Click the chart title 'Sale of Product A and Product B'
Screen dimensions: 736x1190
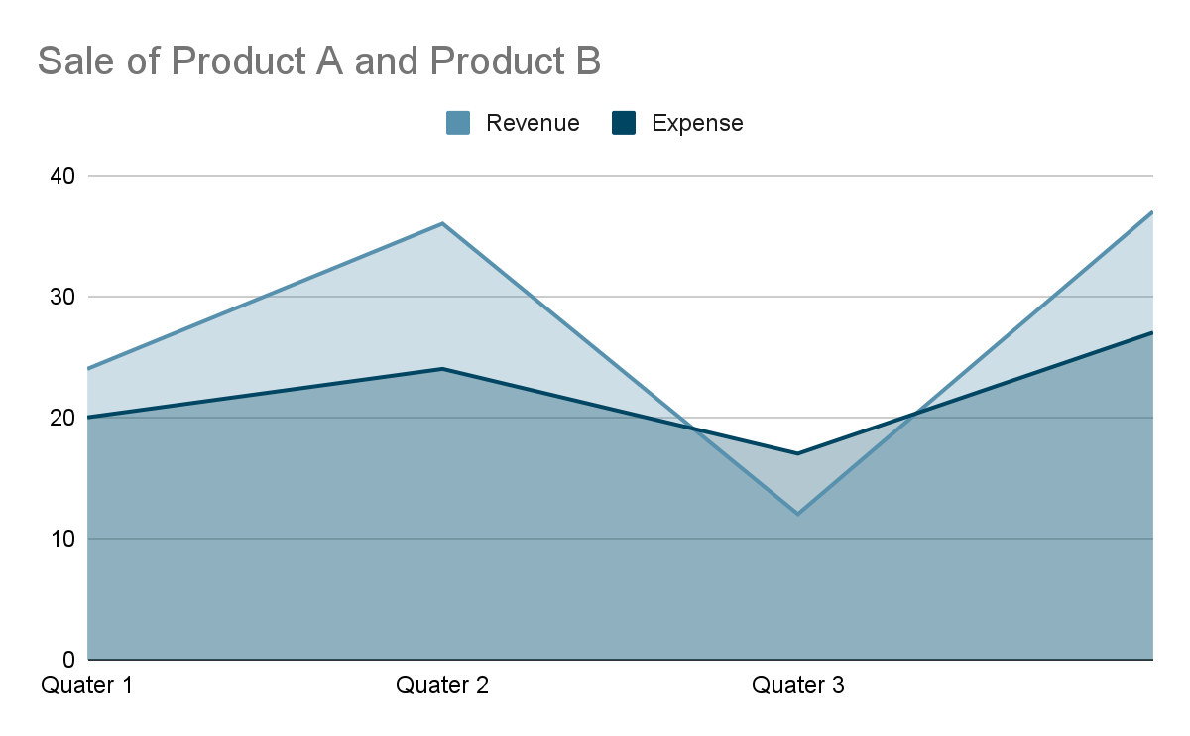pos(319,61)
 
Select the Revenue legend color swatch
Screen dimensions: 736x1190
pos(458,123)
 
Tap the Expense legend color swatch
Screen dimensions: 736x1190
pos(623,123)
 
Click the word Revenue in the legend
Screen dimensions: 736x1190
pos(533,123)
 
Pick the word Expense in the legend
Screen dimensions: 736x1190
pos(697,123)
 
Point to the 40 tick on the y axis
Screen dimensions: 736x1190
pos(61,176)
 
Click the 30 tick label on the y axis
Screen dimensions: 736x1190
pos(61,297)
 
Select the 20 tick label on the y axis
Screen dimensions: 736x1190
pos(61,418)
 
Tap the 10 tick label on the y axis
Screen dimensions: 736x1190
pos(61,539)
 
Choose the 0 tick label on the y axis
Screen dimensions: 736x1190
pos(68,660)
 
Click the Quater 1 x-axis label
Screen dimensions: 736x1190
pos(87,685)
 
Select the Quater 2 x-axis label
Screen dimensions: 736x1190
pos(442,685)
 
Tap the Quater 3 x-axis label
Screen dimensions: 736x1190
pos(797,685)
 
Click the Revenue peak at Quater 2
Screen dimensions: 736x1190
pos(442,223)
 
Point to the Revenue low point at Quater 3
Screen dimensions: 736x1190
pos(797,514)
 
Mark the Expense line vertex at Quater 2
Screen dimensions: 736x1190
pos(442,369)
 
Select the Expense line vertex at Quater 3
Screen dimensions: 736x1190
pos(797,453)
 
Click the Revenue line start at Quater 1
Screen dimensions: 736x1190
pos(89,369)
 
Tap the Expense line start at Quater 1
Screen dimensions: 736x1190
pos(89,418)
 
